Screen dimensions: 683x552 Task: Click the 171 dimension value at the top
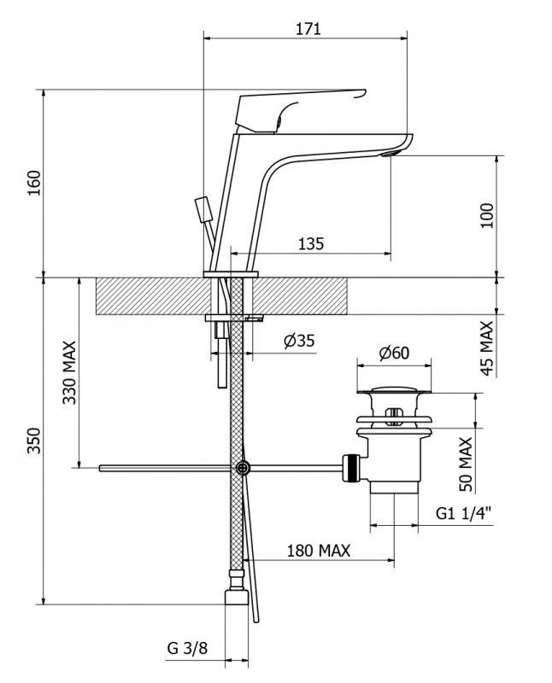[308, 28]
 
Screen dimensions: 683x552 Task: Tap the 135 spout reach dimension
[311, 244]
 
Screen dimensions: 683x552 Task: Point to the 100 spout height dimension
[487, 217]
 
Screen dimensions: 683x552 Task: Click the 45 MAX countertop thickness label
[487, 347]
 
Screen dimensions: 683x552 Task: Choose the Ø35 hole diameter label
[298, 341]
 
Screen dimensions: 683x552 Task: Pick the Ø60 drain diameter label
[394, 352]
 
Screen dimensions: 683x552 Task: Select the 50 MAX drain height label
[466, 464]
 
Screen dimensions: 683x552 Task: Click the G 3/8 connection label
[187, 649]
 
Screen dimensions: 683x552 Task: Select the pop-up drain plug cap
[394, 394]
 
